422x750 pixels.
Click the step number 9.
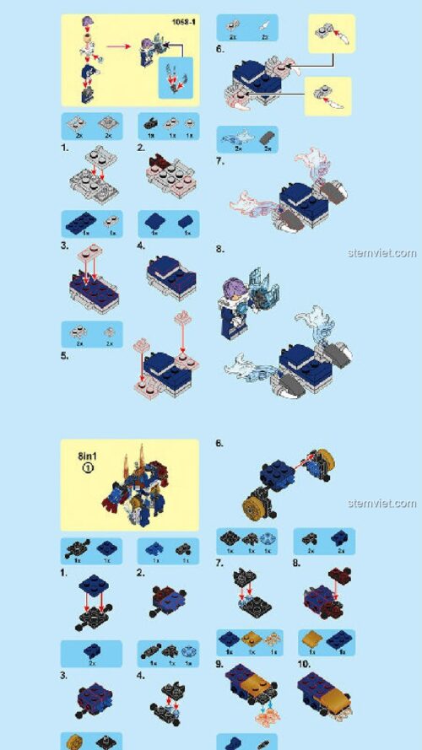tap(220, 664)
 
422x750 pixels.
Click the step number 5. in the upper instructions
tap(66, 355)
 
